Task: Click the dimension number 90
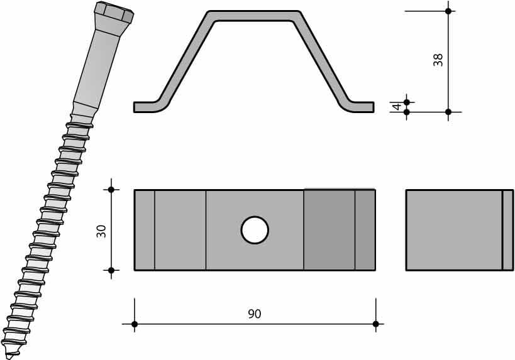click(x=255, y=314)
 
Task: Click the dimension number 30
click(x=101, y=231)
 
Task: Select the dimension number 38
click(x=438, y=60)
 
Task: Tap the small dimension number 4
click(x=397, y=107)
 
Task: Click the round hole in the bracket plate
click(x=255, y=230)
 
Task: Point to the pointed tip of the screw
click(x=9, y=357)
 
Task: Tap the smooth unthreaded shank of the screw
click(x=97, y=68)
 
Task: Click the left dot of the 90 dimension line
click(x=135, y=324)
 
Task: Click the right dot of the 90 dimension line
click(x=376, y=324)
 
